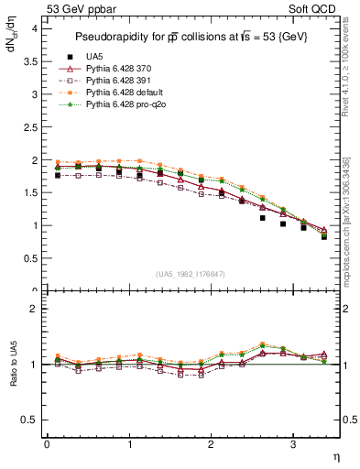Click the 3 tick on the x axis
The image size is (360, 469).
tap(292, 443)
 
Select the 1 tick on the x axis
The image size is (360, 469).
tap(128, 443)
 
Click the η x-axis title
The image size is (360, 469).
tap(335, 456)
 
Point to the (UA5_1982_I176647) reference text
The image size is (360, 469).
tap(192, 274)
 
